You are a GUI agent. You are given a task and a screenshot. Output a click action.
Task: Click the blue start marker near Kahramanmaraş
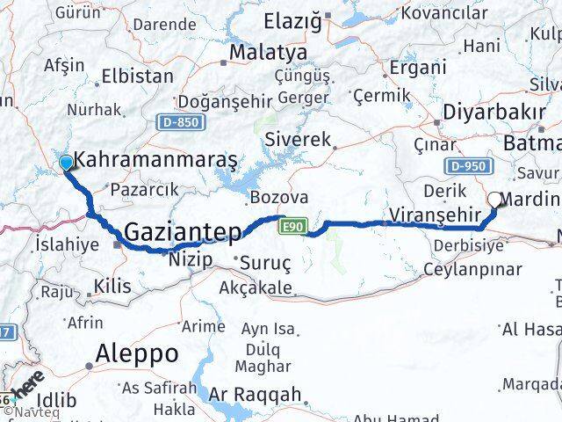66,162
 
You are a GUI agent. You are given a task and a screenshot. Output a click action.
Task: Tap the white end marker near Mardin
496,200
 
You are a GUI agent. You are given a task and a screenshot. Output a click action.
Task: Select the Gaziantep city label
182,233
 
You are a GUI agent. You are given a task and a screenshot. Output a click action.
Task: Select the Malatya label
267,53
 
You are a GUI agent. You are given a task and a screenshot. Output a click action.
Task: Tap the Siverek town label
298,139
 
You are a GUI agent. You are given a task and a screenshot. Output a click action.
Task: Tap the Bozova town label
278,197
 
